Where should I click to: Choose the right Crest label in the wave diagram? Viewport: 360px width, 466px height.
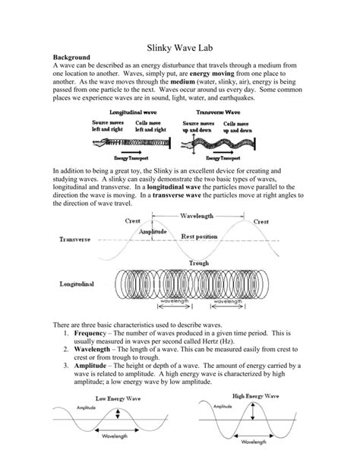261,221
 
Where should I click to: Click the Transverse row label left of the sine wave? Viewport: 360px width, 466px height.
74,239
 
